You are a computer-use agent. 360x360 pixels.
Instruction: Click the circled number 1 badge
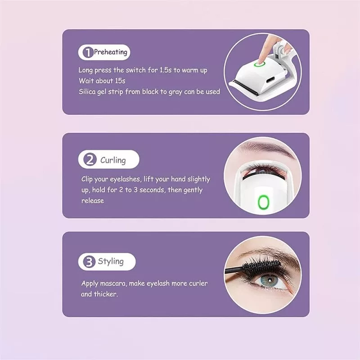(88, 52)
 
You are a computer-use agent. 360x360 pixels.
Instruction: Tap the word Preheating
(110, 52)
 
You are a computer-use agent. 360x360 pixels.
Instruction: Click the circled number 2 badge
(90, 159)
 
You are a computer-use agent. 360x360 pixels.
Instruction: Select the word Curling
(113, 160)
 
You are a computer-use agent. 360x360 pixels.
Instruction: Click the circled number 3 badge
(89, 262)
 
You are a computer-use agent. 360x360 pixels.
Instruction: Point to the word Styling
(111, 261)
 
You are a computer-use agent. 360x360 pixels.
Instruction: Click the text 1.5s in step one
(165, 70)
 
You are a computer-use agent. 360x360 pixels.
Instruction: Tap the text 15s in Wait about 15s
(120, 81)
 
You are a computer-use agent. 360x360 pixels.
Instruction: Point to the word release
(93, 200)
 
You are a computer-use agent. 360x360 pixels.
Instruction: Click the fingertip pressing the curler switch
(261, 60)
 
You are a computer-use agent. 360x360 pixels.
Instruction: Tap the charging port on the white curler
(272, 81)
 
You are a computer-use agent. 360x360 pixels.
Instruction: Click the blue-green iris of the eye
(269, 281)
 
